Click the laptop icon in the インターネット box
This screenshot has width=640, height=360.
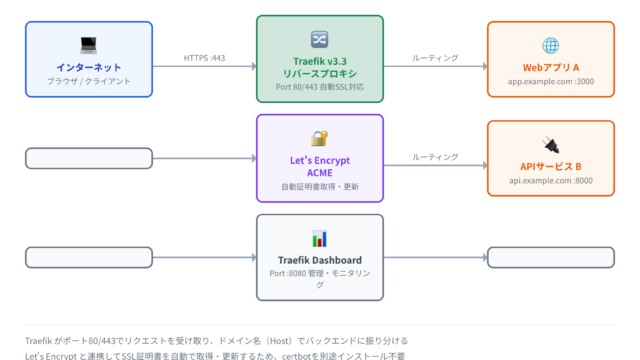(89, 45)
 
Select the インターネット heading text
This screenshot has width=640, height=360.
(89, 67)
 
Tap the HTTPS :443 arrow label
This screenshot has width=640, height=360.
(204, 58)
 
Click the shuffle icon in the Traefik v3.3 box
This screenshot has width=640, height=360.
(319, 39)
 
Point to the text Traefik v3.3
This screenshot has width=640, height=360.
(320, 61)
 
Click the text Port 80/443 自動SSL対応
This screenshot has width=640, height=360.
(320, 87)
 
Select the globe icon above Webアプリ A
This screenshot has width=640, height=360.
(551, 45)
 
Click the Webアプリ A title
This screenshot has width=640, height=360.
(551, 67)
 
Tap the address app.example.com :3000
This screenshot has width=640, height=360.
(551, 81)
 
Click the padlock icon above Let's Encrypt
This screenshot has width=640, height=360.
(319, 138)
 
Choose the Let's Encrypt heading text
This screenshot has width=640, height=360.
(320, 160)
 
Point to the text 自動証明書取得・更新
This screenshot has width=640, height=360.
(320, 187)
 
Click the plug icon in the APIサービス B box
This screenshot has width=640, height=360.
(551, 144)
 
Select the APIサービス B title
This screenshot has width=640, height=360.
(551, 167)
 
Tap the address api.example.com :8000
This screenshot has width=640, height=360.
(551, 180)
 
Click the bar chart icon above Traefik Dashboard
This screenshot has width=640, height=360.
(319, 238)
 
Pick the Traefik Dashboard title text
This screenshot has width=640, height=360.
(320, 260)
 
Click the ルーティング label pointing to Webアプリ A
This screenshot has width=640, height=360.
(435, 58)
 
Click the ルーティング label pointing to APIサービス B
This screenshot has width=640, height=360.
(435, 157)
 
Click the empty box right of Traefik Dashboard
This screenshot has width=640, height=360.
(551, 257)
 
